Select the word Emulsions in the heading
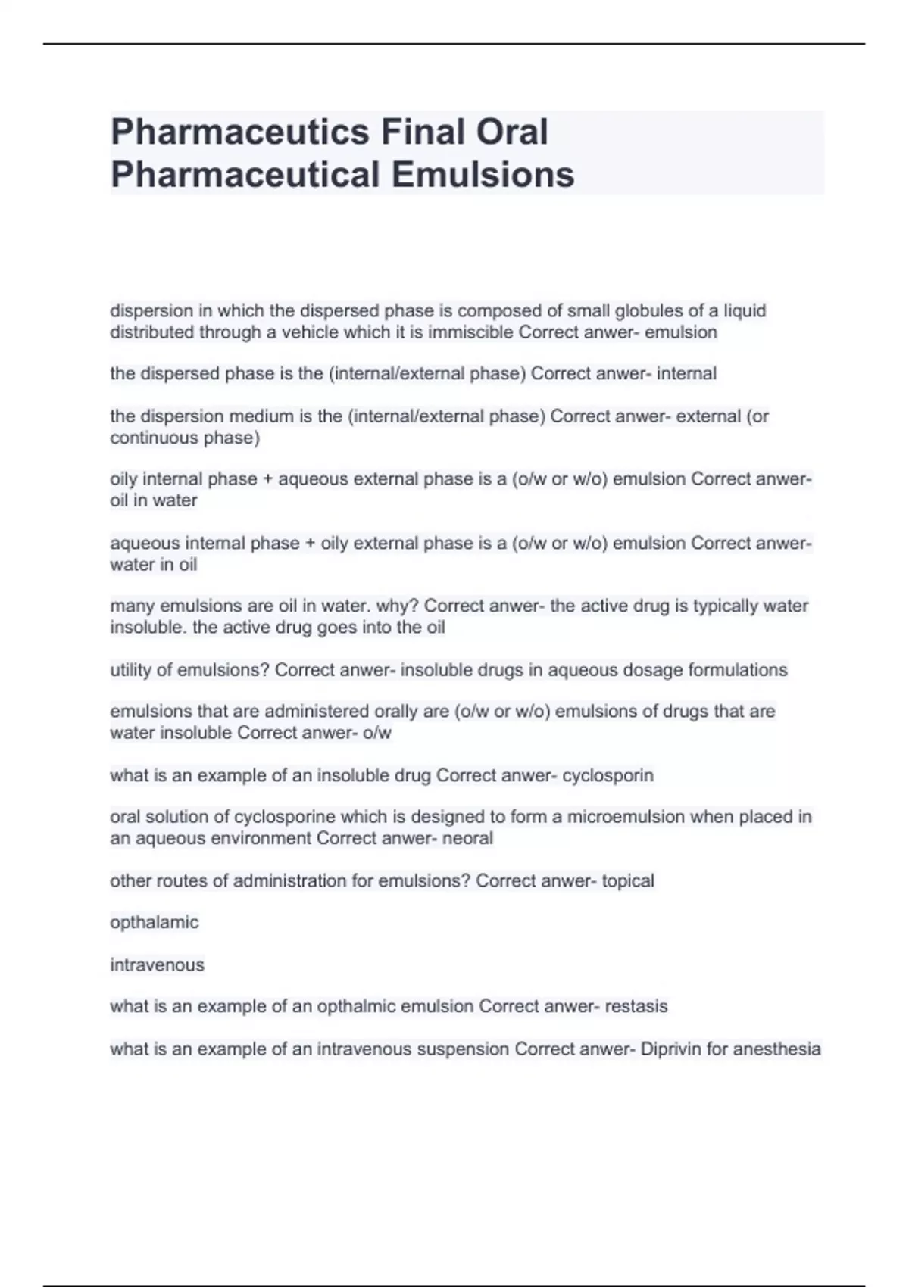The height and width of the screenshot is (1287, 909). tap(483, 175)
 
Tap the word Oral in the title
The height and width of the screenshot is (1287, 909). tap(511, 132)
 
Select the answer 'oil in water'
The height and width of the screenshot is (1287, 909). tap(154, 500)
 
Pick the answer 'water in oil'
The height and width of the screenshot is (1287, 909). tap(154, 565)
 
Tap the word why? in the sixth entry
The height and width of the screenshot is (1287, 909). tap(397, 606)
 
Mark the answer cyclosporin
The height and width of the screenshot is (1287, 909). tap(608, 775)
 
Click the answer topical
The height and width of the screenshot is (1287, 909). tap(628, 880)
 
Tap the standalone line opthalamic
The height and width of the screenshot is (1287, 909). tap(155, 922)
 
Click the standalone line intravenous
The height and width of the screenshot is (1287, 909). tap(158, 964)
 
